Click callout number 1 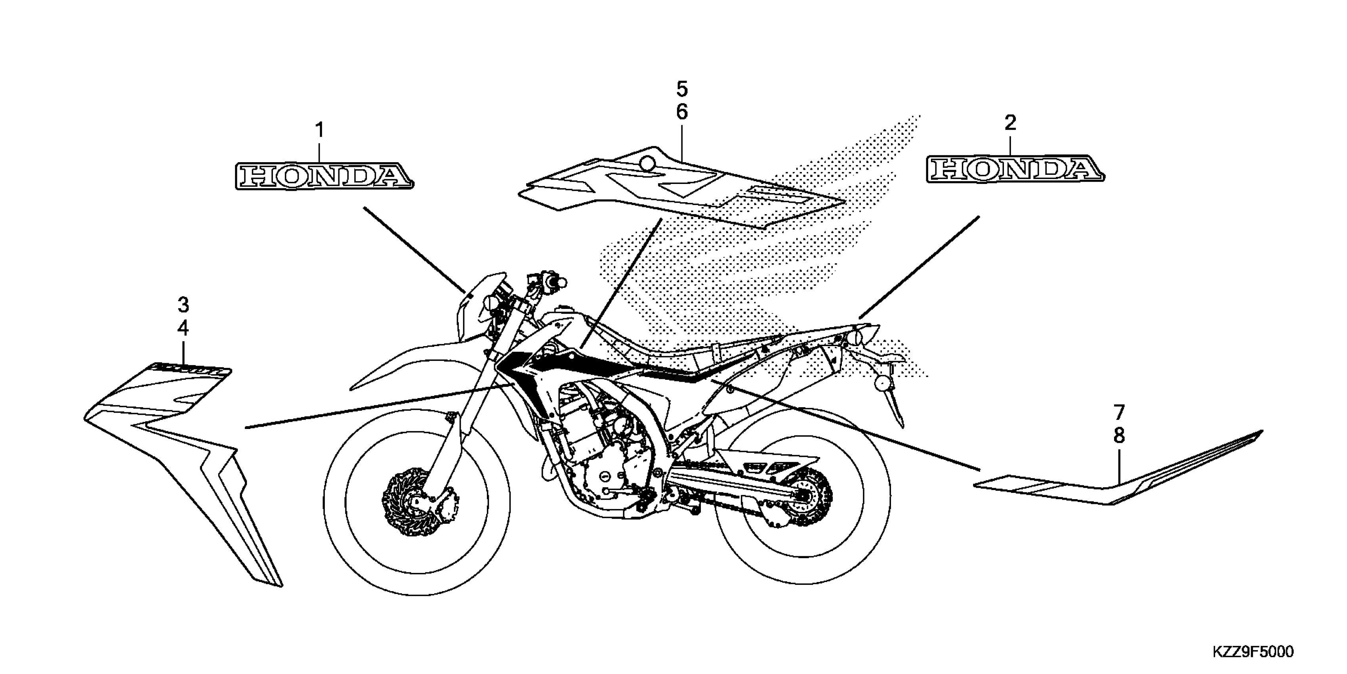(319, 130)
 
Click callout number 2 (1010, 123)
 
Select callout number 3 (183, 304)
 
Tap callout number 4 (183, 328)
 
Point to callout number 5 (682, 90)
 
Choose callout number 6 (682, 112)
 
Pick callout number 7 (1118, 413)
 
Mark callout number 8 (1118, 435)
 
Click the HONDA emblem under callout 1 (324, 176)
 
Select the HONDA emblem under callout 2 (1015, 168)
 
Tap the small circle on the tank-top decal (648, 163)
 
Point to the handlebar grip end (561, 283)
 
